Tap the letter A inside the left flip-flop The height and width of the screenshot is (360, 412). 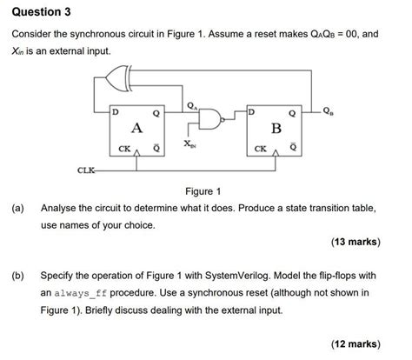point(136,127)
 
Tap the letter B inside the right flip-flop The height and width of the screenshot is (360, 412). point(277,129)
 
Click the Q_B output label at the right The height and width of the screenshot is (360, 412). point(326,110)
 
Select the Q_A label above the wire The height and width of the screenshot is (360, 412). point(193,104)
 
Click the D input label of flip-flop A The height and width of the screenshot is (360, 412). point(115,113)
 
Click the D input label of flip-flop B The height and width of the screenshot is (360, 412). point(253,113)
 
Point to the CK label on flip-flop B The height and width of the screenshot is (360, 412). point(261,149)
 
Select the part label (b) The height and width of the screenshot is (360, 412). point(17,275)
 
